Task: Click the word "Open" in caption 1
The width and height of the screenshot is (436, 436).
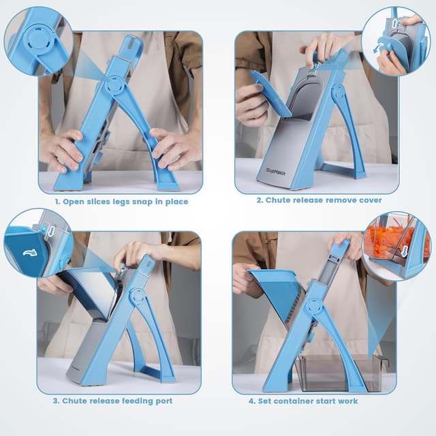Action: [x=74, y=202]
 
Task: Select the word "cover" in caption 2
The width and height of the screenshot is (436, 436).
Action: [x=368, y=200]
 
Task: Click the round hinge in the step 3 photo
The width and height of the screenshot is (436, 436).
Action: [x=138, y=296]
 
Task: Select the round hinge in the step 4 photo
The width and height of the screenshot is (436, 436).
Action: [x=313, y=306]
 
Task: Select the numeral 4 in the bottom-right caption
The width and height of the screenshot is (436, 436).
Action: [x=262, y=401]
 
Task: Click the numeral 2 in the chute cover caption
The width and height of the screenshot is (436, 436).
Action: [x=260, y=200]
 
